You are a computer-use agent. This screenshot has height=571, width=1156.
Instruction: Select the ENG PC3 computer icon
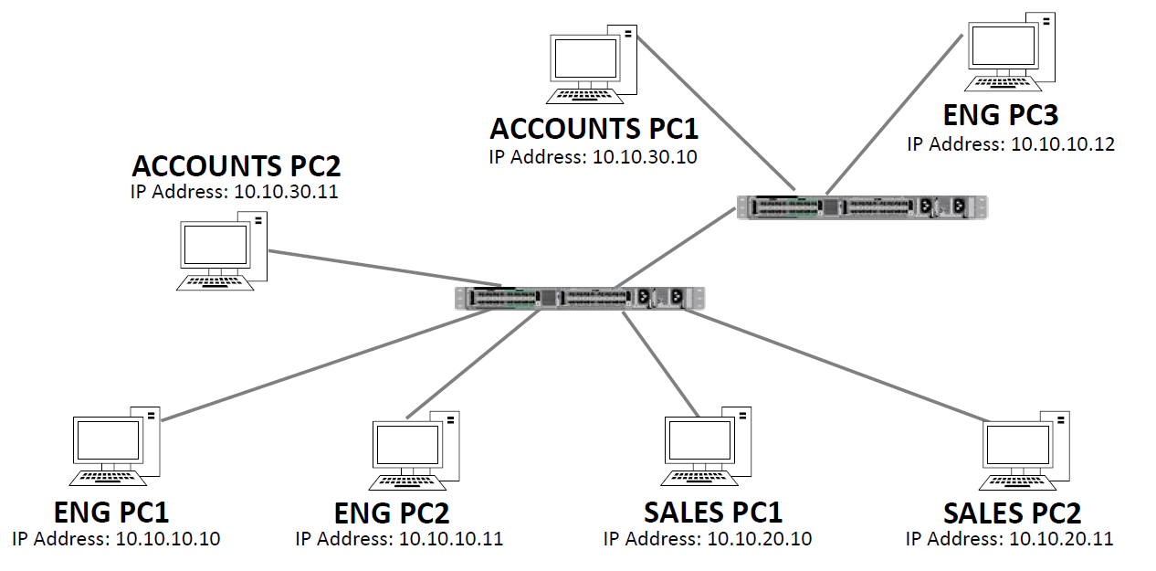pyautogui.click(x=1010, y=50)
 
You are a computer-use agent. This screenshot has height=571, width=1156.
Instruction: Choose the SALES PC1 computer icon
pyautogui.click(x=708, y=446)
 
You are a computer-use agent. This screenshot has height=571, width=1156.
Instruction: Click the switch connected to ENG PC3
pyautogui.click(x=862, y=207)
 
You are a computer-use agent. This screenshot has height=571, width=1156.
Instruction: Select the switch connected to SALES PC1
pyautogui.click(x=581, y=298)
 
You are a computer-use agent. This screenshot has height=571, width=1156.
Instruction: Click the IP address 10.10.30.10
pyautogui.click(x=645, y=157)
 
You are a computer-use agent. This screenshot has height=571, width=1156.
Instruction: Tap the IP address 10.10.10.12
pyautogui.click(x=1063, y=144)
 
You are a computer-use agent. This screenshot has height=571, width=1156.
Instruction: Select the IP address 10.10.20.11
pyautogui.click(x=1061, y=539)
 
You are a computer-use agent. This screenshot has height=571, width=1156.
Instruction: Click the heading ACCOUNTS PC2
pyautogui.click(x=236, y=166)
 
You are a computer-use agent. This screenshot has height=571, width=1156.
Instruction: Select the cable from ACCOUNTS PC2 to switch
pyautogui.click(x=384, y=268)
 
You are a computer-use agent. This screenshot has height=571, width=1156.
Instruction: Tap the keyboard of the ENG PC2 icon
pyautogui.click(x=407, y=481)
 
